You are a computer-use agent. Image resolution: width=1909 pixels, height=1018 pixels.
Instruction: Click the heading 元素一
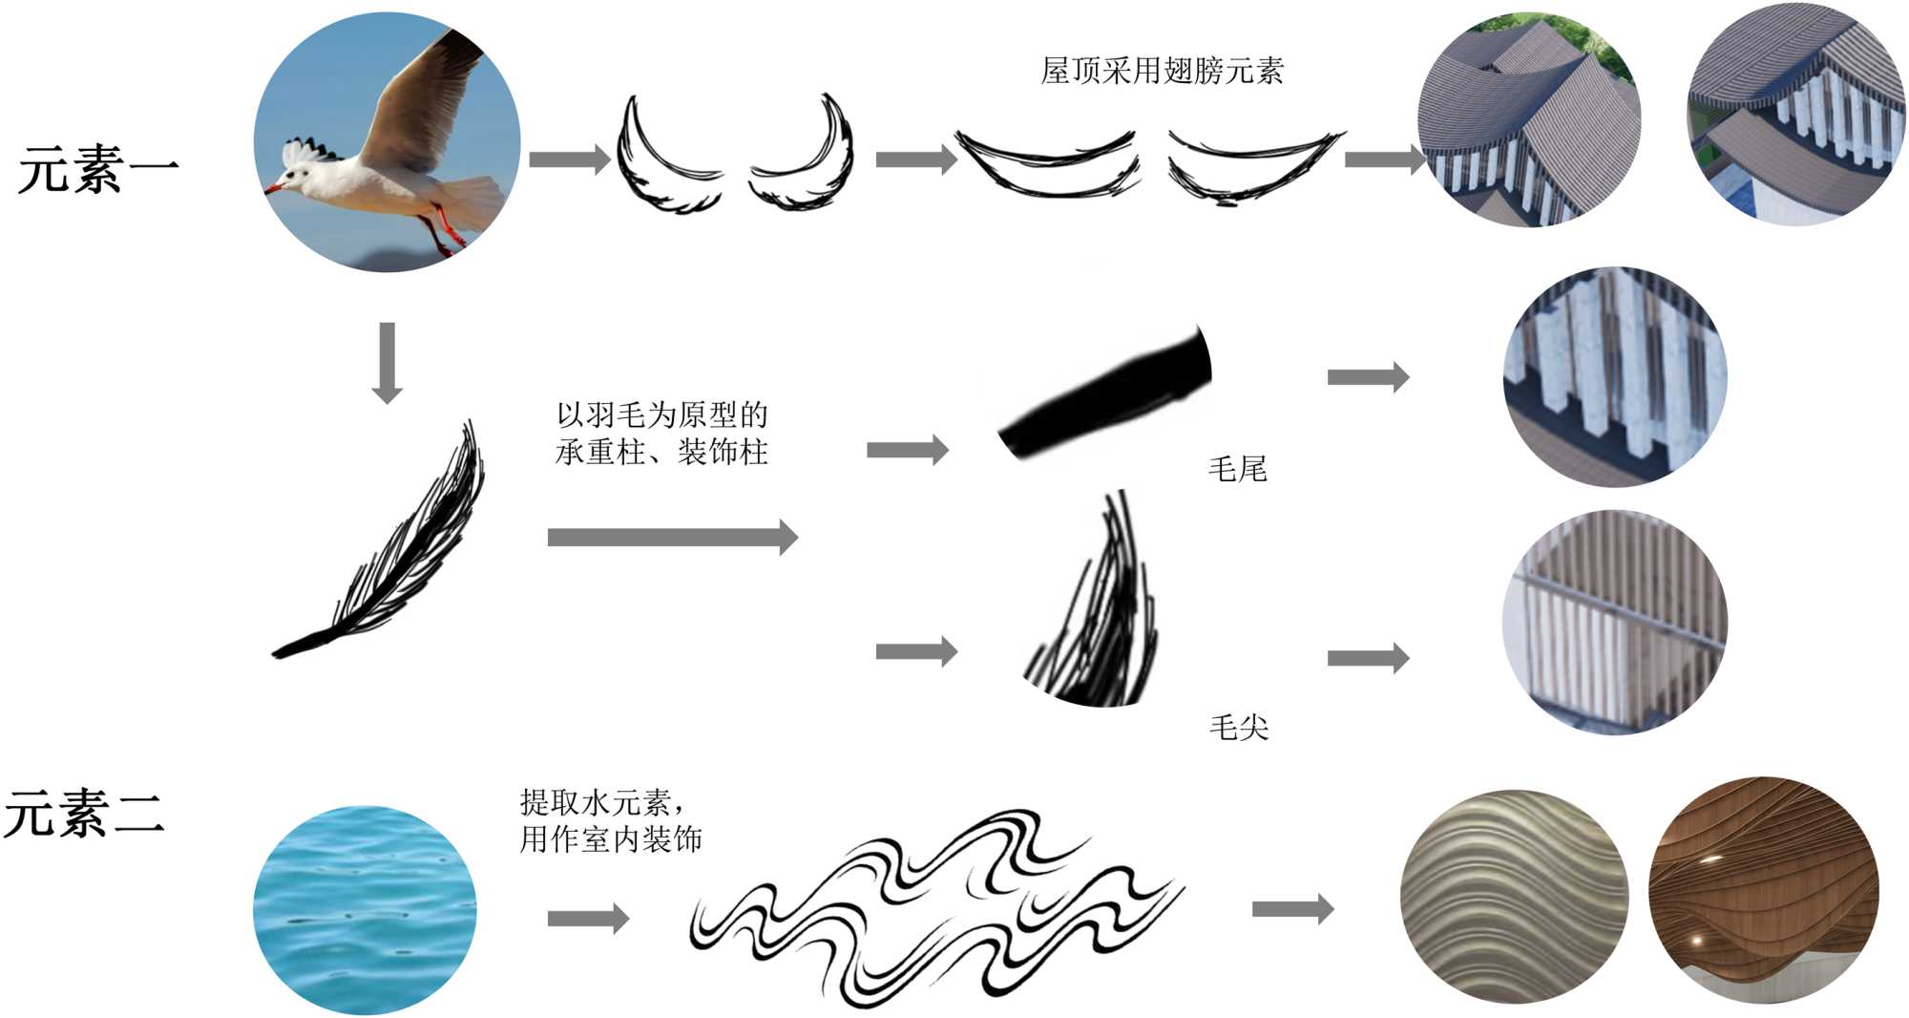98,170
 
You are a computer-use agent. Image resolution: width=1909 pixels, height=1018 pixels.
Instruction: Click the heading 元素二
84,814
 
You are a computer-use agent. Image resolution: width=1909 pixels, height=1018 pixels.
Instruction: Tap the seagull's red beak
274,187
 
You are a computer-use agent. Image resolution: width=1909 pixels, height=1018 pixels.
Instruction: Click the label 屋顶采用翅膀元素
1162,71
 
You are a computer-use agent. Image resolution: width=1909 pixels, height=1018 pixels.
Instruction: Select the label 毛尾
1237,469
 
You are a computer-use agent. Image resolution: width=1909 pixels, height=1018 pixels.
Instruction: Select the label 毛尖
1238,728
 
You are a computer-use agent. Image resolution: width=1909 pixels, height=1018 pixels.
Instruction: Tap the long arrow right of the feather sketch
672,537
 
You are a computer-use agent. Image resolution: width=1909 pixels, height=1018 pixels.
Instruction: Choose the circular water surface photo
364,908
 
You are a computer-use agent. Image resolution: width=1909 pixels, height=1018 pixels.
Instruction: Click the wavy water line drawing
935,907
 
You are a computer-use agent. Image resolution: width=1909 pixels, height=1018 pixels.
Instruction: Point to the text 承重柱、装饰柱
661,452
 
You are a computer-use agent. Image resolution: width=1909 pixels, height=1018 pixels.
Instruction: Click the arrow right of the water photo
588,919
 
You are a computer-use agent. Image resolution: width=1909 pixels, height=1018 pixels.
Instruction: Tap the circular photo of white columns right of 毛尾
1615,376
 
